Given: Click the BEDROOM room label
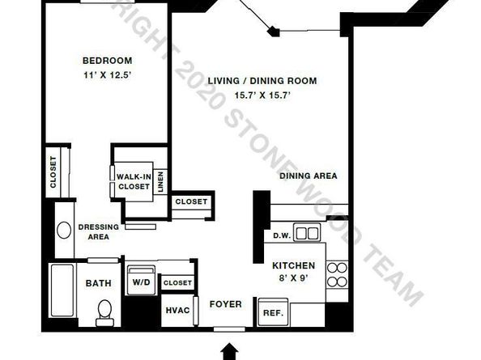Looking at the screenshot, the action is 108,61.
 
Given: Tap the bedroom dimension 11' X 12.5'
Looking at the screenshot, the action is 108,75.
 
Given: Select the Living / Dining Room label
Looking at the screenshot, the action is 262,81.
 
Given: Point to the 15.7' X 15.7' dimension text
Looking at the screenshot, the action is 262,95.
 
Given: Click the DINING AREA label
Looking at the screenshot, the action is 309,176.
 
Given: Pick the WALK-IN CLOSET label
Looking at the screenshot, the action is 134,182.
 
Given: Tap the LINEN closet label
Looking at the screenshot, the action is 160,182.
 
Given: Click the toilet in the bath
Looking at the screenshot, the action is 104,312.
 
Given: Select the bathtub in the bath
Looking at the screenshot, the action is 62,290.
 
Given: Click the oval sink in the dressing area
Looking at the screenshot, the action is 64,231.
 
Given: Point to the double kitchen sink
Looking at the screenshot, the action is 307,232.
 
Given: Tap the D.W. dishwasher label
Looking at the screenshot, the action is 282,236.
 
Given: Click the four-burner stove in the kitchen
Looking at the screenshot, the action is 337,274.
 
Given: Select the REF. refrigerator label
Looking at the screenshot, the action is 273,313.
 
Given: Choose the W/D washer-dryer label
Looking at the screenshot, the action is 142,282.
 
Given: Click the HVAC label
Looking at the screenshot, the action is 177,311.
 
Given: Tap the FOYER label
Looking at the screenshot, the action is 225,304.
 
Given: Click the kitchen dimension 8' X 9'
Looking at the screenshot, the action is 293,279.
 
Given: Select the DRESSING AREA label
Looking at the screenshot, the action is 99,232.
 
